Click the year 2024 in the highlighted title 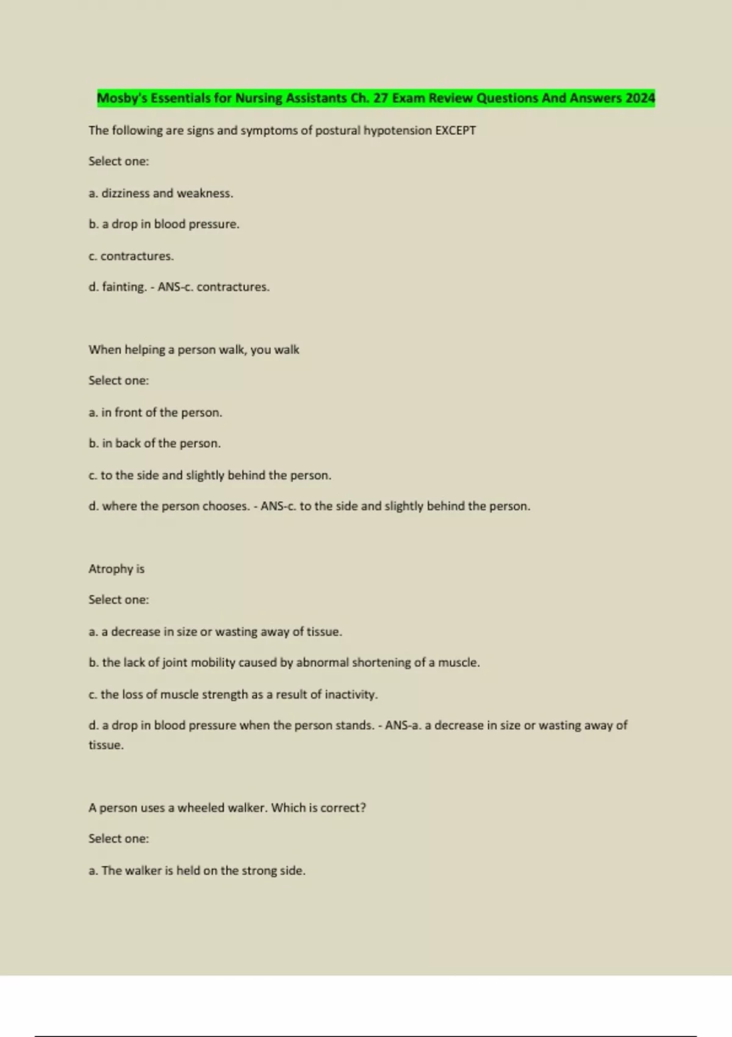(640, 98)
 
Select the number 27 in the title (381, 98)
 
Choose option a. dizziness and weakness (161, 193)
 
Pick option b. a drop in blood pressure (164, 224)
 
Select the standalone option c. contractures (131, 256)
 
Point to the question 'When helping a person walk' (194, 350)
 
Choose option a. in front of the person (156, 413)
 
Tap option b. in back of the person (155, 443)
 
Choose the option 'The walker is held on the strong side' (197, 871)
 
